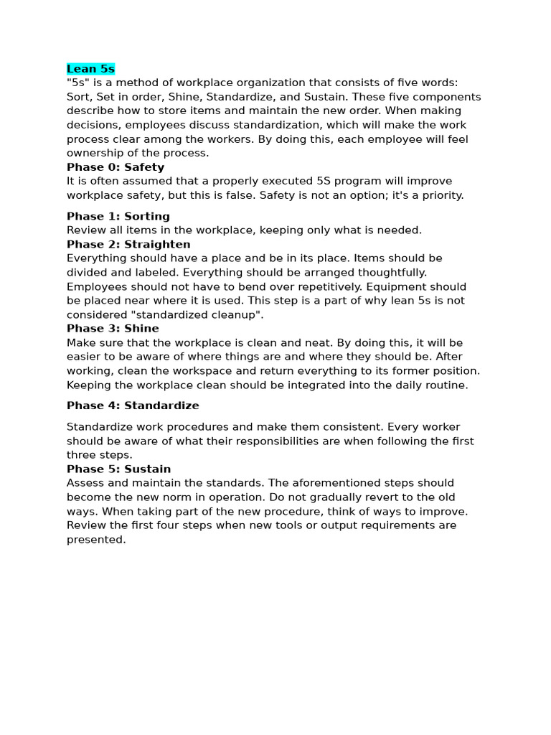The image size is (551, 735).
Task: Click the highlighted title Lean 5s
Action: point(90,69)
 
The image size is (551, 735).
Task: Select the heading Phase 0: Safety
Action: point(116,167)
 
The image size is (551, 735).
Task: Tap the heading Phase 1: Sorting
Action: point(118,216)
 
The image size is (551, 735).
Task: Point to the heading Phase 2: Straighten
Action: point(128,244)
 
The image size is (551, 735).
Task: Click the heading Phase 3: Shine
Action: point(113,329)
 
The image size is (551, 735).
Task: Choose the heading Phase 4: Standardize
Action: point(133,406)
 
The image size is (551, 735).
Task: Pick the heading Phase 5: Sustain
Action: point(118,469)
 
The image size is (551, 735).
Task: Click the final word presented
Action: point(95,539)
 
